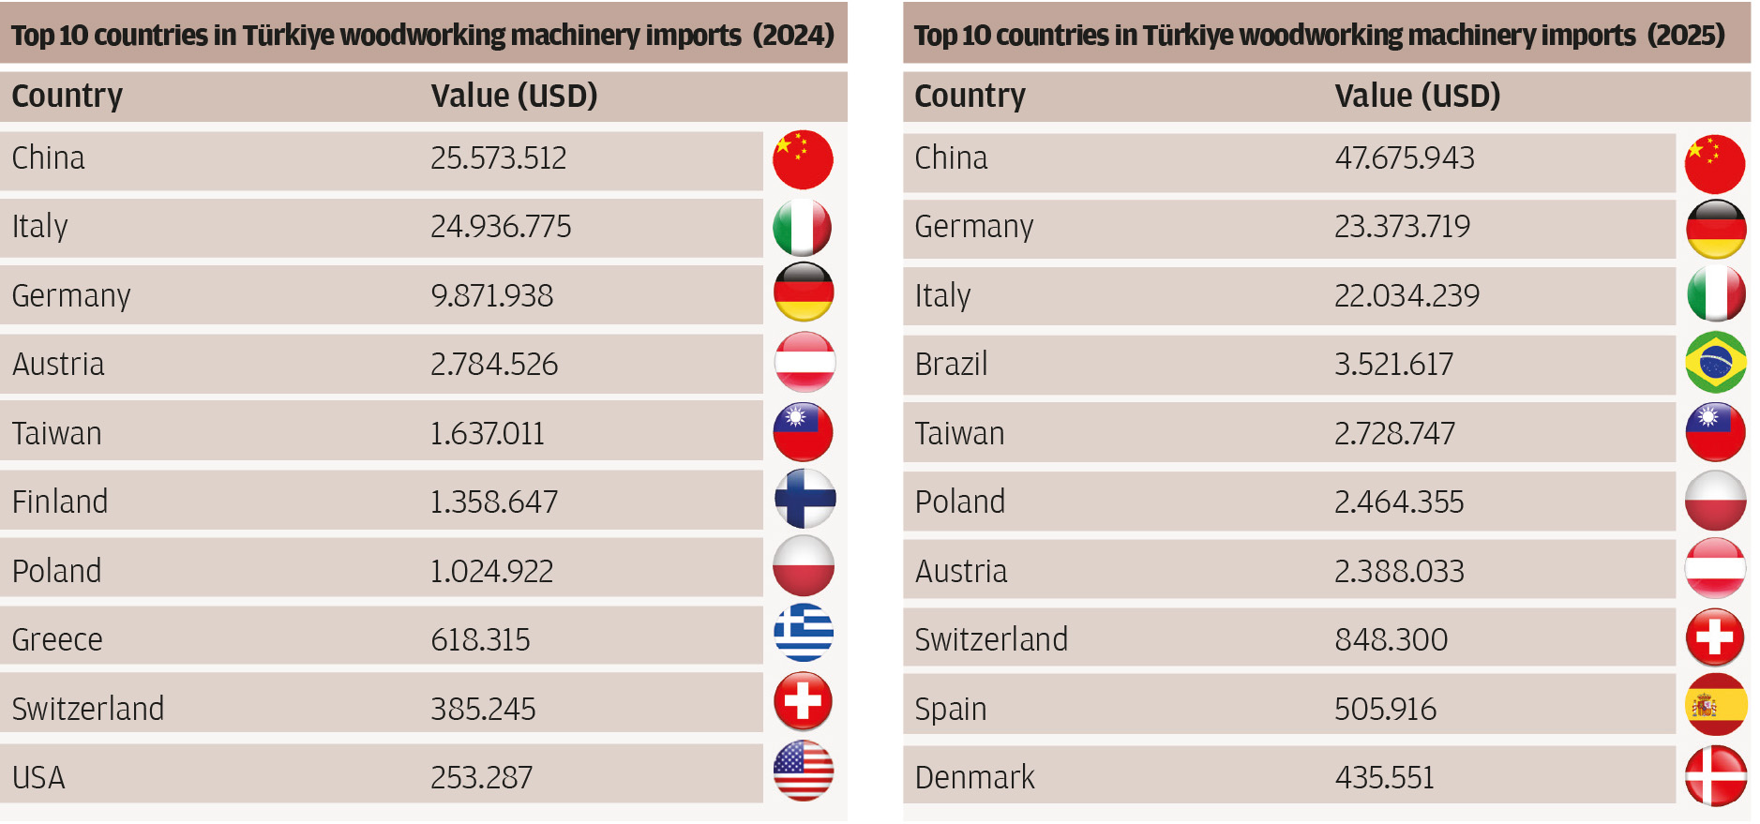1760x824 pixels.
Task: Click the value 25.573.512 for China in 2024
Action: click(498, 158)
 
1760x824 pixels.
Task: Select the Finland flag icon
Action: click(805, 499)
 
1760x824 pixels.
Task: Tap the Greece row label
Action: click(57, 640)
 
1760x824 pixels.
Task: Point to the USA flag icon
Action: click(804, 771)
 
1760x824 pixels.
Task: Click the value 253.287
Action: click(481, 778)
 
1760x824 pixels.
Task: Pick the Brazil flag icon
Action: click(1715, 362)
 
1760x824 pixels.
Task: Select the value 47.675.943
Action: click(1404, 158)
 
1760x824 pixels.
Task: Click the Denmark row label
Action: click(974, 778)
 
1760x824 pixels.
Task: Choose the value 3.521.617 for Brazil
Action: click(1393, 365)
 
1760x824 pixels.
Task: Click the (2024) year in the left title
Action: click(793, 36)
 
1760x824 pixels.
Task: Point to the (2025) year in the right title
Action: click(1685, 36)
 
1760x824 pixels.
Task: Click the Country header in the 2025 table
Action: click(970, 96)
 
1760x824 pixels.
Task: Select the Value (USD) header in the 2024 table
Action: click(514, 96)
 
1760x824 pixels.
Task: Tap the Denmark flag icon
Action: click(1715, 775)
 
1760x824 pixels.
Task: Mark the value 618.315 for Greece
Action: click(480, 640)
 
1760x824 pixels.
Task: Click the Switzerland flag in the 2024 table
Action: click(803, 701)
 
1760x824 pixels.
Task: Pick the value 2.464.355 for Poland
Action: click(1399, 502)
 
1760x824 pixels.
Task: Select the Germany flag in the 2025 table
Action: click(1715, 229)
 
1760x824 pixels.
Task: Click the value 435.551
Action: click(1384, 778)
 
